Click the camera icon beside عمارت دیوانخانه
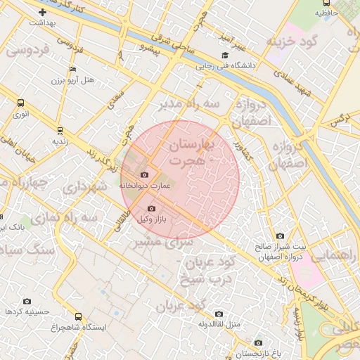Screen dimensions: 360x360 (x=145, y=174)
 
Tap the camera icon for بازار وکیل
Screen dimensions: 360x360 (x=152, y=208)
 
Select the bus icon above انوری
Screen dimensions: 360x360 (x=20, y=103)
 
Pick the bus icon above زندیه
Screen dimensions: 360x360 (x=60, y=130)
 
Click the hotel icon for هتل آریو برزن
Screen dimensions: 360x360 (x=72, y=70)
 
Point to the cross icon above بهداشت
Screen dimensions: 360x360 (x=43, y=12)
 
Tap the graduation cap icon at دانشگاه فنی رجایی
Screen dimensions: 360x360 (x=224, y=56)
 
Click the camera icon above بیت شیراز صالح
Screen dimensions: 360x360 (x=281, y=236)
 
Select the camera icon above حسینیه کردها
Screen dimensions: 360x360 (x=27, y=300)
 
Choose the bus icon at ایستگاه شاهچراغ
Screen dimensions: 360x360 (x=77, y=316)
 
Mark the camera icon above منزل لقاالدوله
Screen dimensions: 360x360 (x=219, y=314)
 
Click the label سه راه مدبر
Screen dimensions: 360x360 (x=188, y=105)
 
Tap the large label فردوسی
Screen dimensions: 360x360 (x=29, y=51)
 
